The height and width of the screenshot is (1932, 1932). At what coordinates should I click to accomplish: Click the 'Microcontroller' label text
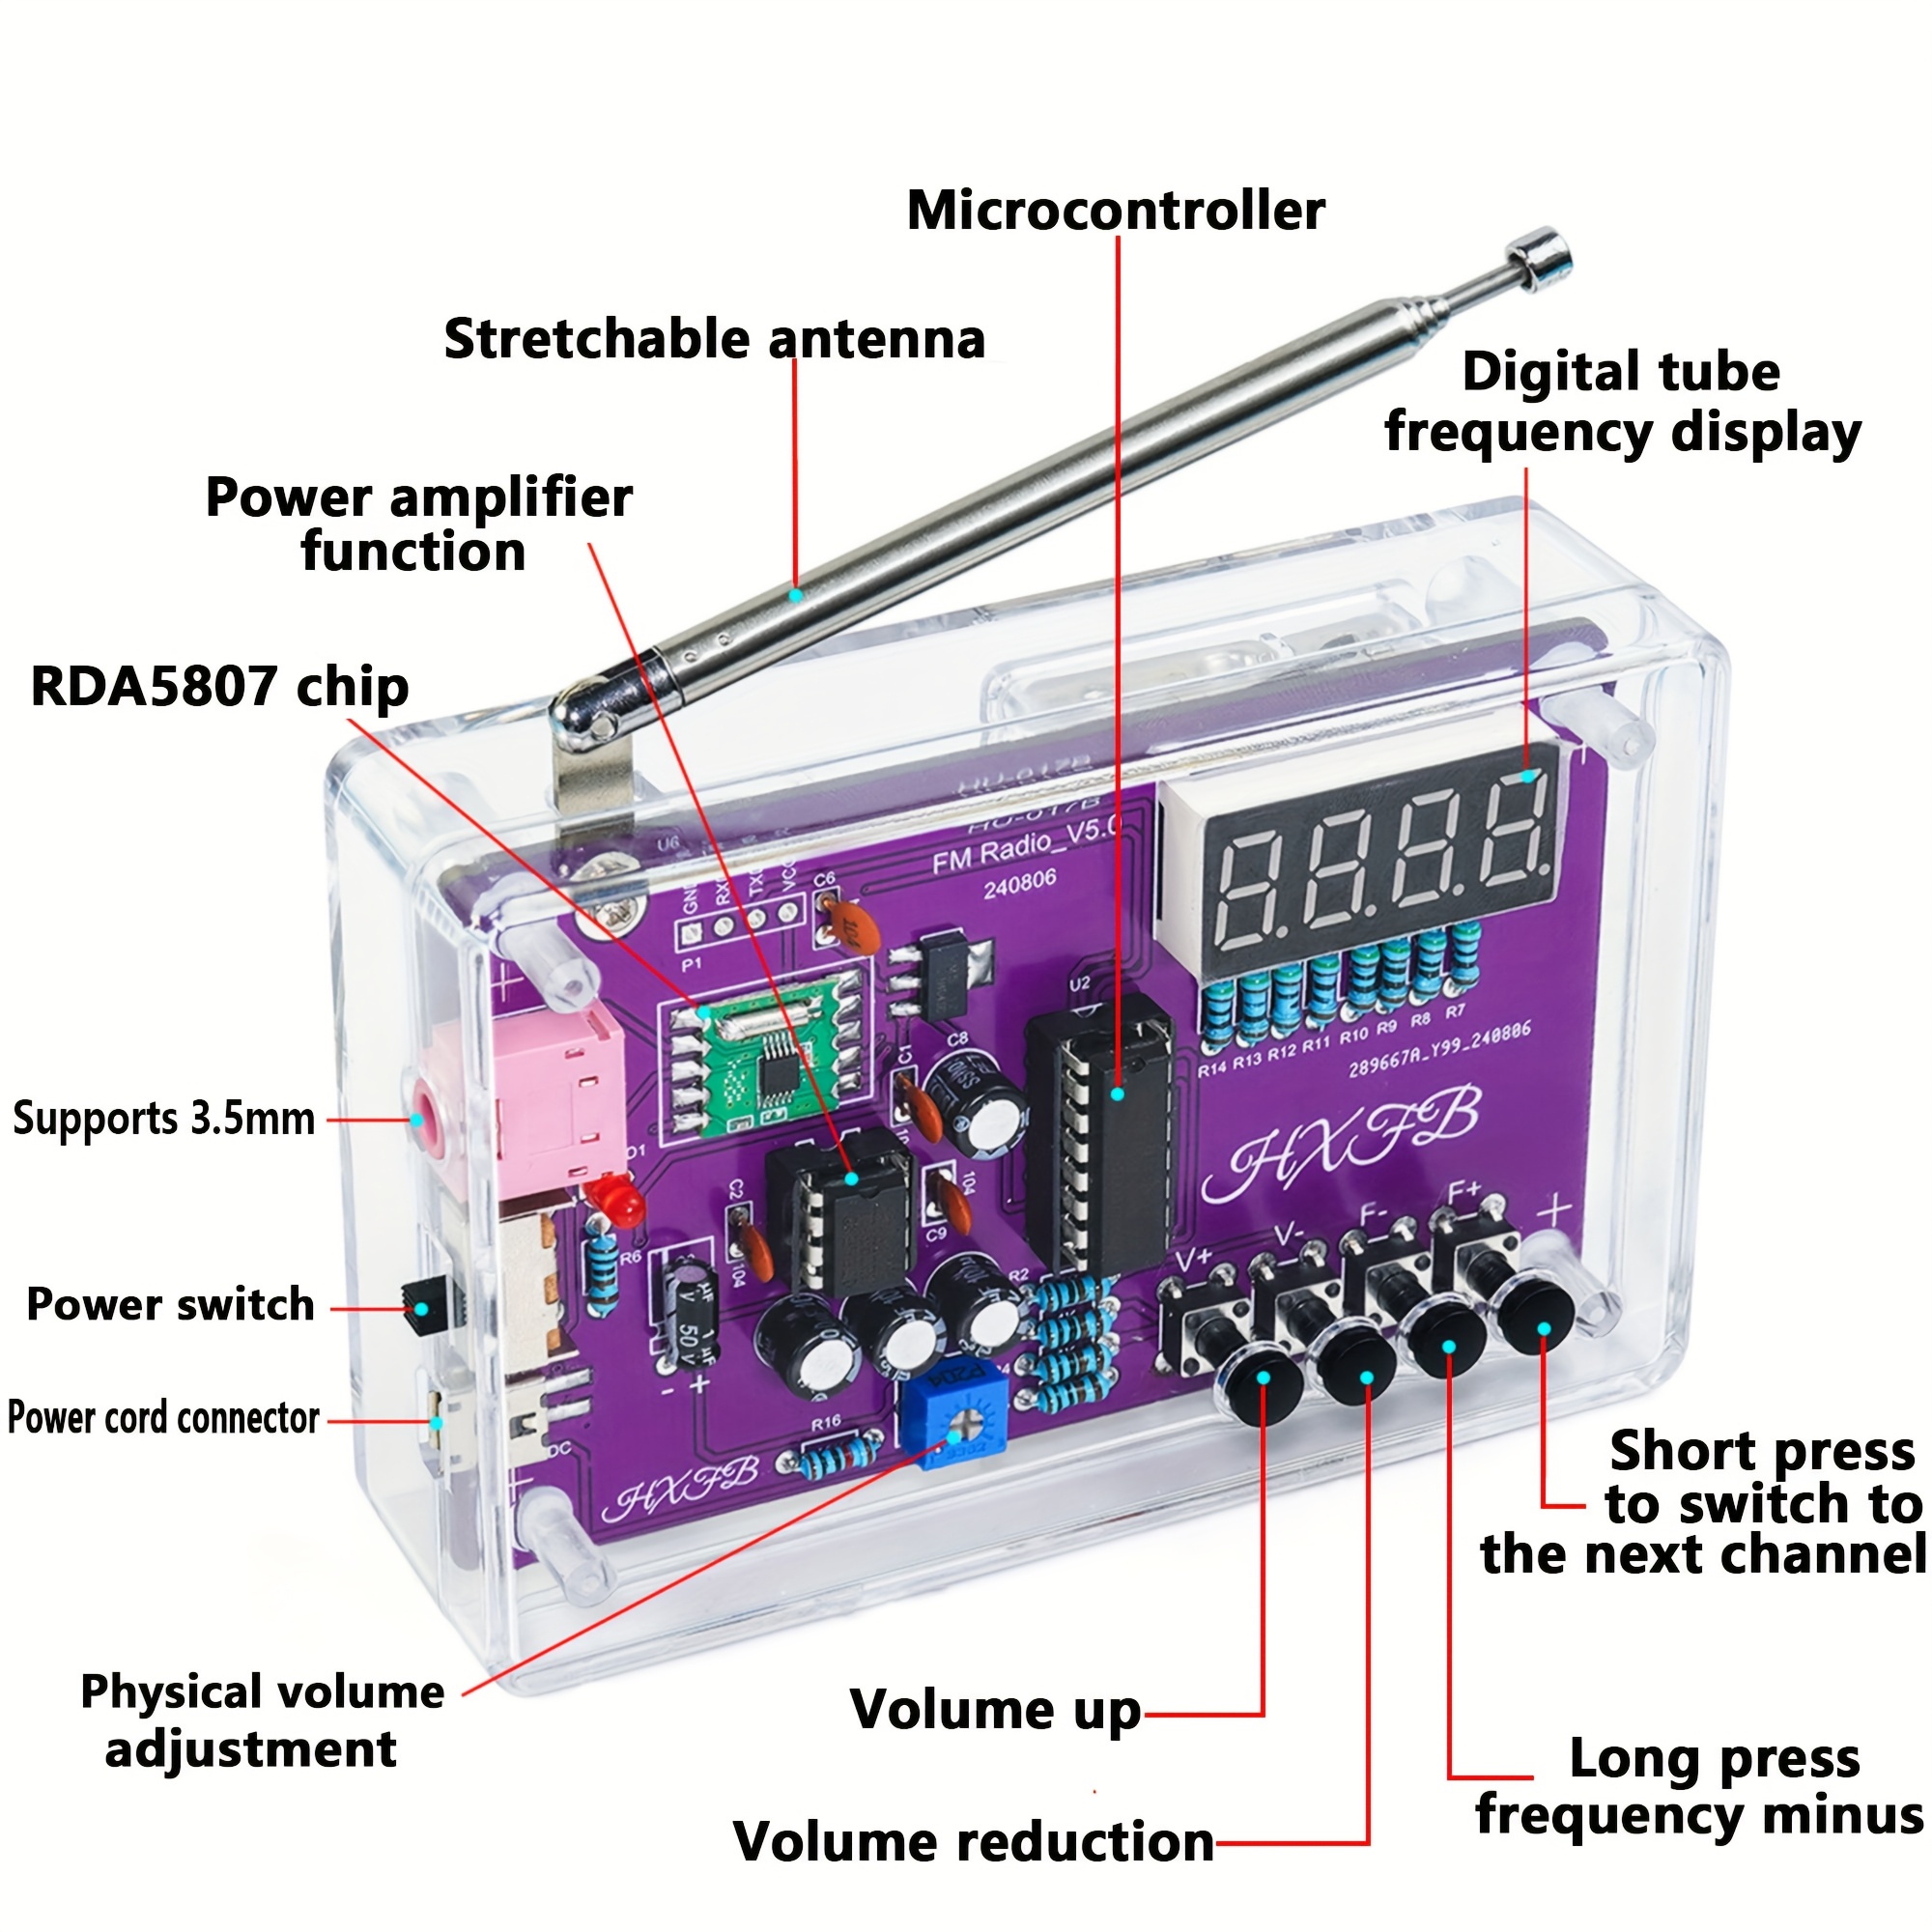pos(1115,211)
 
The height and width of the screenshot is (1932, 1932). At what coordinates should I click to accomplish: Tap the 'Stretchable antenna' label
pos(714,339)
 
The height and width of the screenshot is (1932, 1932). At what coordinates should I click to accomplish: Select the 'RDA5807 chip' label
pos(220,687)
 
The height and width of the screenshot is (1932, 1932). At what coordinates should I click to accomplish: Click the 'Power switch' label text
pos(170,1305)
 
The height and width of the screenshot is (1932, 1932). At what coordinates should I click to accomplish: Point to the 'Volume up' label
pos(995,1709)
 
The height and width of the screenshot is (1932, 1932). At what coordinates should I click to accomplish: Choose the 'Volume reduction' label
pos(973,1841)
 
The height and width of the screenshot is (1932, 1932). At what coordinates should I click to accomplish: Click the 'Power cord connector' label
pos(163,1418)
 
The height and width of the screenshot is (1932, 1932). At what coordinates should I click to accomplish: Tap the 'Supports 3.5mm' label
pos(163,1118)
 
